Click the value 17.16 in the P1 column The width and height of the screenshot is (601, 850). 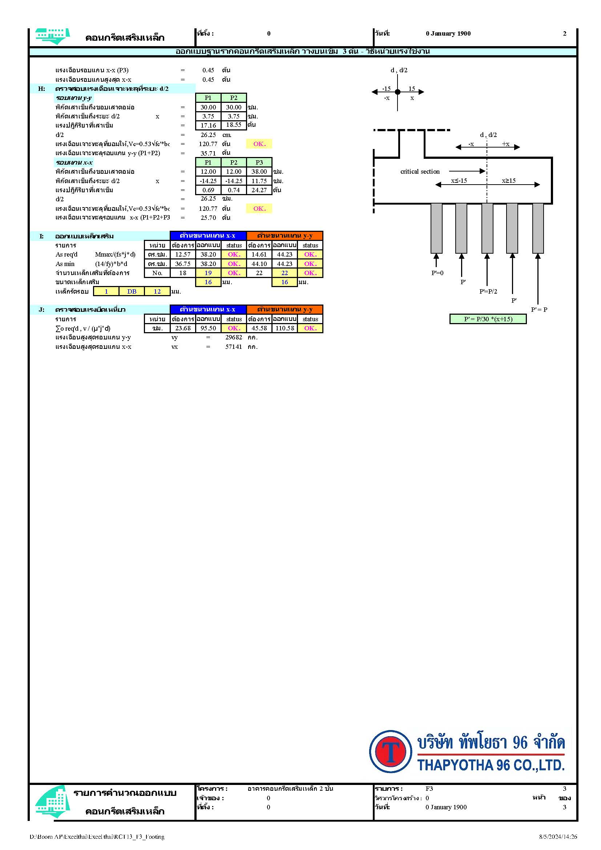(x=208, y=125)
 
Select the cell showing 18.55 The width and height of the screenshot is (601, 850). (x=234, y=125)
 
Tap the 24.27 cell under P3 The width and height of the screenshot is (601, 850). (x=259, y=190)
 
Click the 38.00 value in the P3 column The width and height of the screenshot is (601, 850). (x=259, y=172)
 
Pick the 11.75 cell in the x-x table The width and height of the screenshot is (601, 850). (x=259, y=181)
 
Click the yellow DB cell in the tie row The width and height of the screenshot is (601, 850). (x=132, y=291)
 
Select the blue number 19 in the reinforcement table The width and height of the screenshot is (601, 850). (x=208, y=273)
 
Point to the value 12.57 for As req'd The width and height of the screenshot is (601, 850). (x=183, y=254)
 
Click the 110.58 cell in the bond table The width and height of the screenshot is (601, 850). (x=285, y=328)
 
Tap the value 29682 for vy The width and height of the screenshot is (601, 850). (x=234, y=337)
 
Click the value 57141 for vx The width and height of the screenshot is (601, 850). (x=234, y=347)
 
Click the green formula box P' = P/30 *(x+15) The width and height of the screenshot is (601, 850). (x=488, y=319)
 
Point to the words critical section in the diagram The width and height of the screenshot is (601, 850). (x=420, y=172)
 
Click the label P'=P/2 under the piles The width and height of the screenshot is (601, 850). (x=488, y=291)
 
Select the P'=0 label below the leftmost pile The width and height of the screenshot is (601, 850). (x=437, y=273)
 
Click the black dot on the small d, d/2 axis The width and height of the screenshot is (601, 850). (x=398, y=92)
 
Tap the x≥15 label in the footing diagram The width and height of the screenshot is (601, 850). (x=508, y=181)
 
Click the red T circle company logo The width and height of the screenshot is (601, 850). (x=390, y=752)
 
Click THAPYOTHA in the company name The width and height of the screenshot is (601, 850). (x=456, y=765)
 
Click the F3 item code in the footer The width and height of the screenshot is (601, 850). (x=429, y=789)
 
